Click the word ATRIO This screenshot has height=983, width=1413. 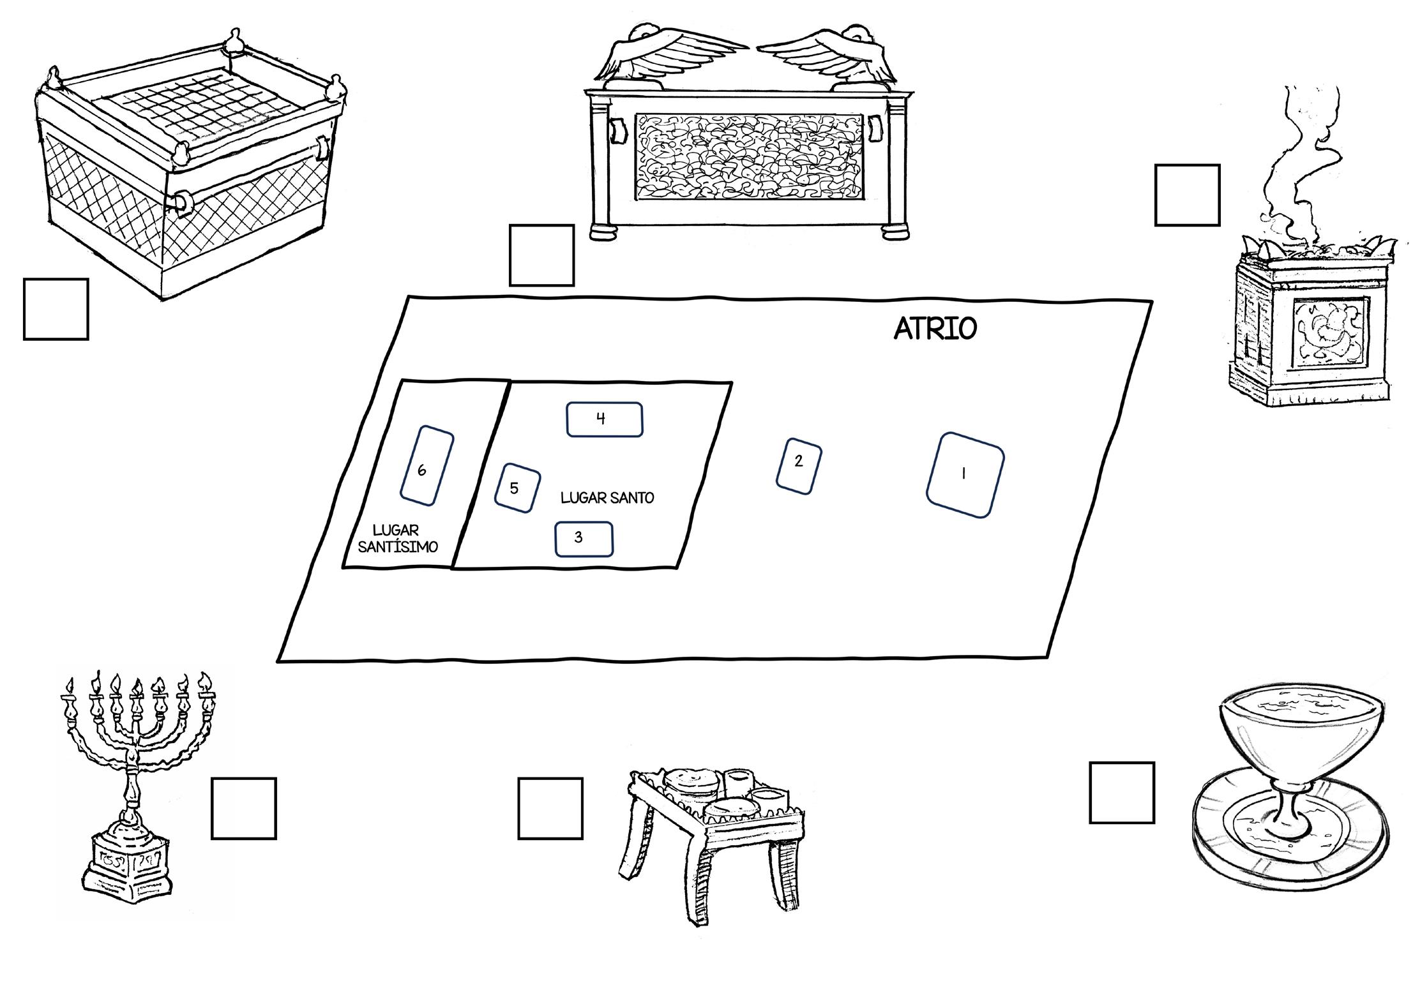(935, 329)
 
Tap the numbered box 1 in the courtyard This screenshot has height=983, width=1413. (965, 474)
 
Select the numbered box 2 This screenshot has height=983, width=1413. (798, 465)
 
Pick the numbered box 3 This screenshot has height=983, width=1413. (584, 539)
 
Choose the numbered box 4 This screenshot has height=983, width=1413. (604, 419)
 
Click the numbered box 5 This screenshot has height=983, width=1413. (517, 488)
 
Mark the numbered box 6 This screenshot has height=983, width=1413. (427, 464)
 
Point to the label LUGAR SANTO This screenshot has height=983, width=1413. (607, 498)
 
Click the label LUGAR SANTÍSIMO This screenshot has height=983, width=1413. (397, 539)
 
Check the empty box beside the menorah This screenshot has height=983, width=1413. (243, 807)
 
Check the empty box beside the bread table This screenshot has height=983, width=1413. (550, 807)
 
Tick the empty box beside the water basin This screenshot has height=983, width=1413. (1121, 792)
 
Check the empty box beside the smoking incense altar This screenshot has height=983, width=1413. (1187, 195)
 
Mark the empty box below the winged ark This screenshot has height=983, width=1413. (541, 255)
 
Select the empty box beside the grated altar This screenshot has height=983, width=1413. (56, 309)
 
